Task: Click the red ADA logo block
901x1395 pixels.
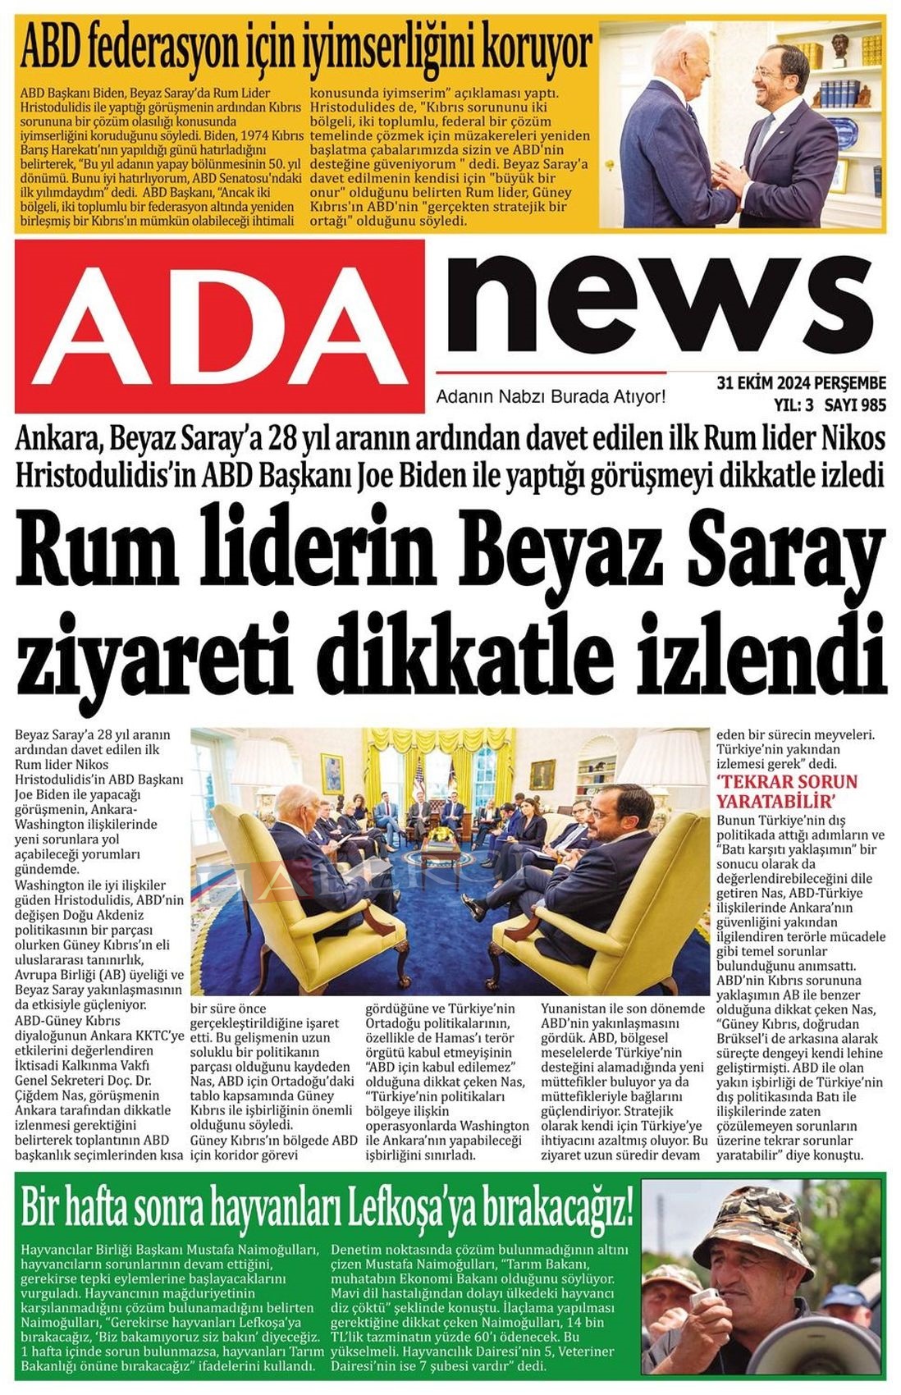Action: click(220, 326)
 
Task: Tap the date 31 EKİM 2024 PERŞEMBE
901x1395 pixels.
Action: click(801, 382)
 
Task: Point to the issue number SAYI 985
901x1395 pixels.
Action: click(855, 404)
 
